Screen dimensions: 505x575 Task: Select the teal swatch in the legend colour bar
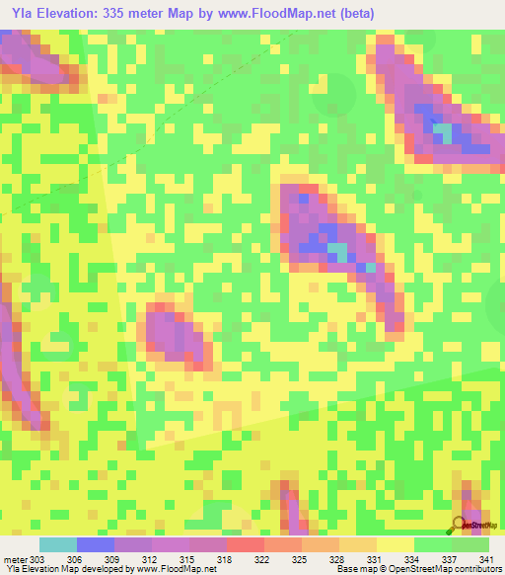(58, 544)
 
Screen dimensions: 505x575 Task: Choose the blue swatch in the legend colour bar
(96, 544)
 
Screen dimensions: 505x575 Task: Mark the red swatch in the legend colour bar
(245, 544)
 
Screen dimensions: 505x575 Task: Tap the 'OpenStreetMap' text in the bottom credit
(401, 570)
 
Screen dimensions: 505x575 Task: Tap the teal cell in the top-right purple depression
(444, 130)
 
